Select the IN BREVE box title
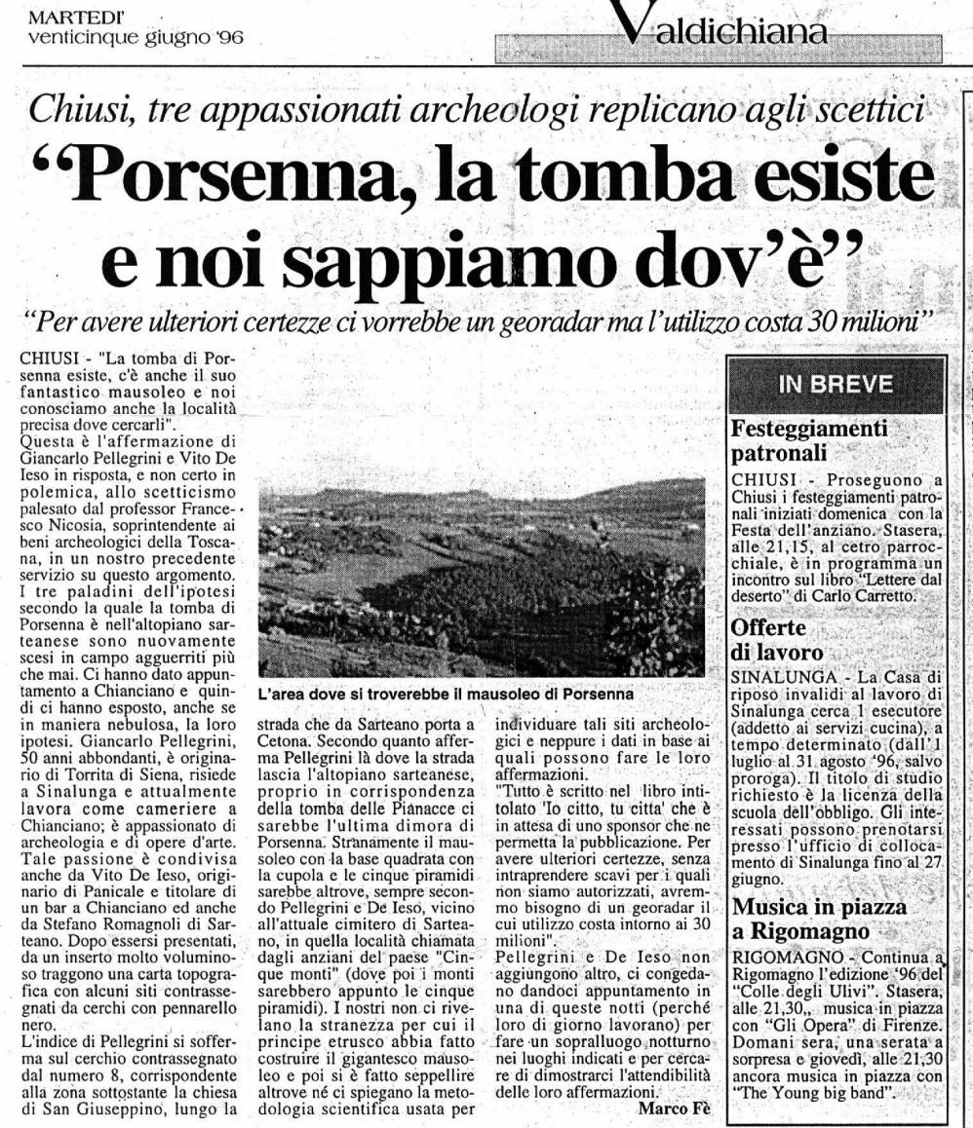pos(835,384)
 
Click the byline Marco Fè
pos(670,1108)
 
